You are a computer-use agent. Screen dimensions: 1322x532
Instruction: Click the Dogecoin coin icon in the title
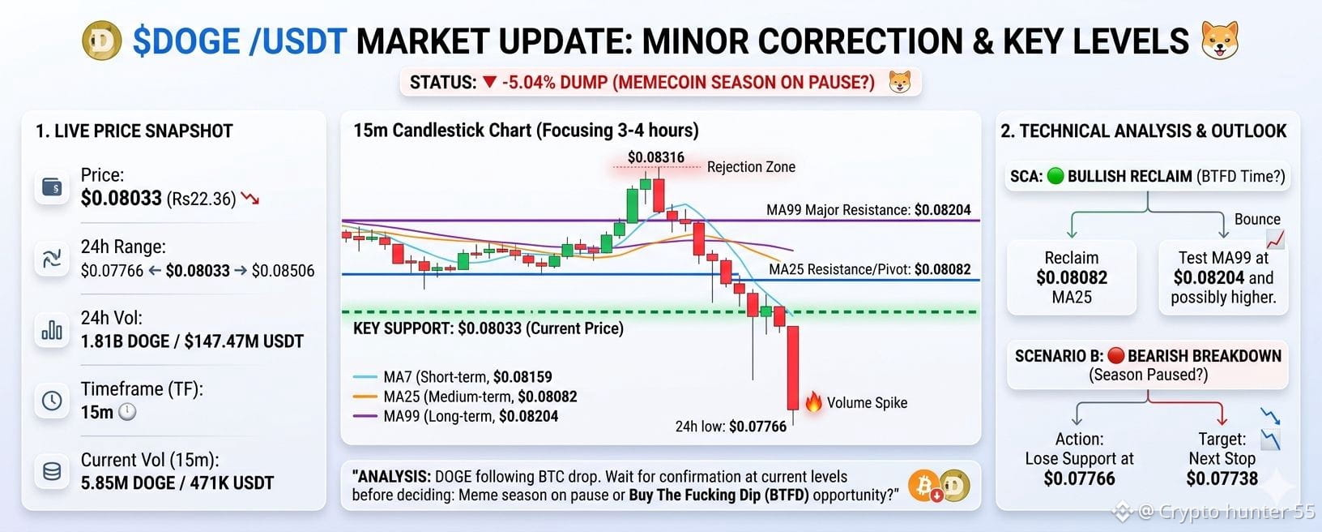(101, 41)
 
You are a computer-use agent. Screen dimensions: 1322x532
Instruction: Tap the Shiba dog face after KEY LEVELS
(1220, 41)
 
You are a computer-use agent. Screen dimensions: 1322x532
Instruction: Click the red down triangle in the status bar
(489, 82)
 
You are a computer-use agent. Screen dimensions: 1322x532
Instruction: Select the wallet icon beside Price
(52, 187)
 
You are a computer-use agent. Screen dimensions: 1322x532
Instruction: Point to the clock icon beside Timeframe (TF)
(52, 401)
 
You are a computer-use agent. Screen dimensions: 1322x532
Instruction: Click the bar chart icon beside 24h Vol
(52, 329)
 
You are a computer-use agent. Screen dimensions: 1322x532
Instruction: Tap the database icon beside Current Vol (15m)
(52, 471)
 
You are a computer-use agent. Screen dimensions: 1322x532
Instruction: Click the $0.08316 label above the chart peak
(655, 157)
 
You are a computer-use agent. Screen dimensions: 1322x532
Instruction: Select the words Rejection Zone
(751, 167)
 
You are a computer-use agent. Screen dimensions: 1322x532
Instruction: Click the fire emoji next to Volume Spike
(813, 402)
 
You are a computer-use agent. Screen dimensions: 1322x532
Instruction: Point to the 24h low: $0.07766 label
(731, 427)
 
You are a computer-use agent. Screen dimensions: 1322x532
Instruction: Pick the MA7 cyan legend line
(365, 376)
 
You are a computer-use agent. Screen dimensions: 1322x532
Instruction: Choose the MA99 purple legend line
(365, 416)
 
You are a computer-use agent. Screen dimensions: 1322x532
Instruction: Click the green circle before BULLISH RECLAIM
(1055, 176)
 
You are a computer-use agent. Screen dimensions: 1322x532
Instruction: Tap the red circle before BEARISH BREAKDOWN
(1116, 355)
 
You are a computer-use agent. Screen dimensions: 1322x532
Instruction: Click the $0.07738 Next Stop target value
(1222, 478)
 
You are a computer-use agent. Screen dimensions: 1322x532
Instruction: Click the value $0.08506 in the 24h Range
(283, 271)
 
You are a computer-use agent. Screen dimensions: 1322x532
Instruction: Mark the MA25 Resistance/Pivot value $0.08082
(943, 269)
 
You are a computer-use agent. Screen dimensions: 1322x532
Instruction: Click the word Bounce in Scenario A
(1257, 219)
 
